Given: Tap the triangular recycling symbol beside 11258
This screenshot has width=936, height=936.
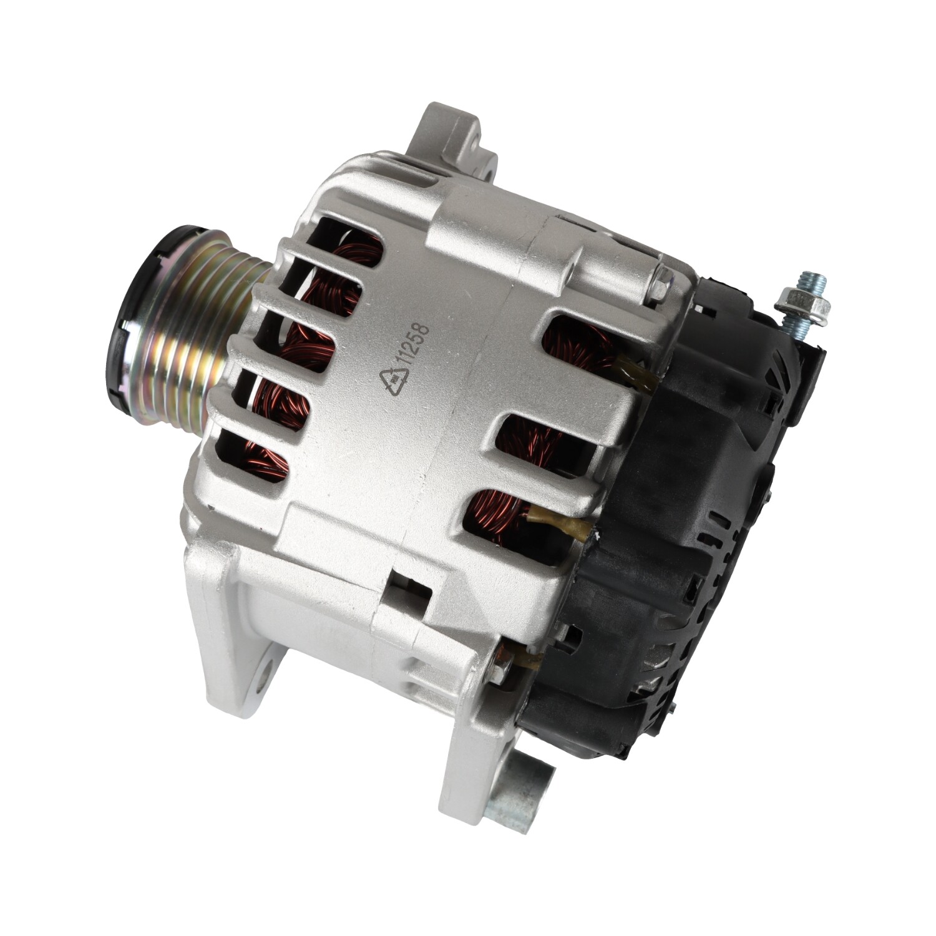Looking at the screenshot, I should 394,376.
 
